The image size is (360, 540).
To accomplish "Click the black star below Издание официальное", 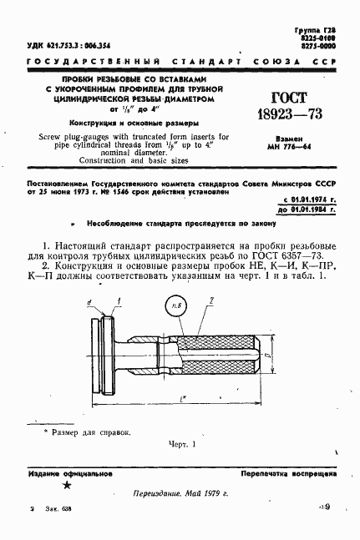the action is point(67,484).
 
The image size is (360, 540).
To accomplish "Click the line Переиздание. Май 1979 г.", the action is point(180,494).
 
